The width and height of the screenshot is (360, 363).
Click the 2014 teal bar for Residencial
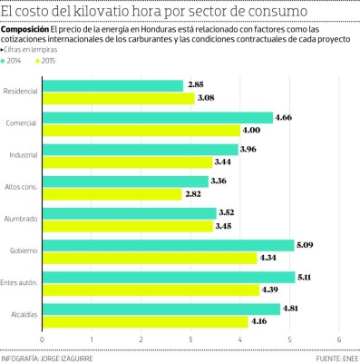tap(112, 85)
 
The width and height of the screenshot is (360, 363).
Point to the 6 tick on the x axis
tap(339, 340)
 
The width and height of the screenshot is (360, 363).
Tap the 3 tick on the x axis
tap(190, 340)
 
